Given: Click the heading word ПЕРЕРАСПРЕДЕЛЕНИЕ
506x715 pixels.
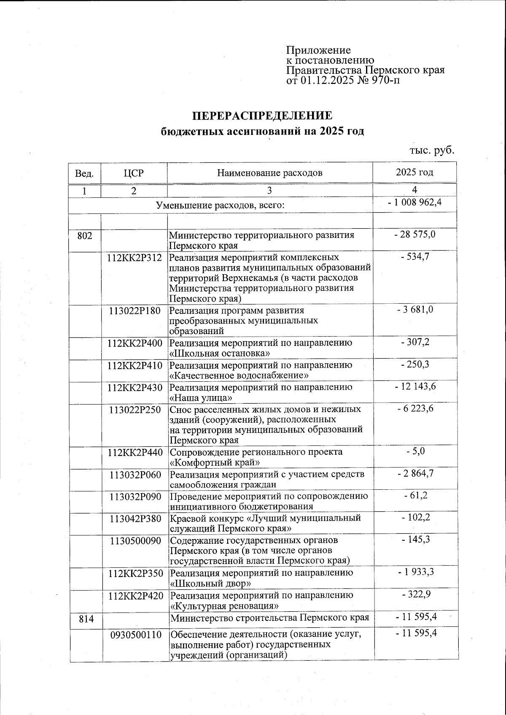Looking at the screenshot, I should (x=262, y=116).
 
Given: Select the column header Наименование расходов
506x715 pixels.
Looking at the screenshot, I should (x=270, y=173).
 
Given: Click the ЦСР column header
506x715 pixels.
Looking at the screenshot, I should (x=134, y=173).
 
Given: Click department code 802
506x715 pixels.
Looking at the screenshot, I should (x=85, y=235).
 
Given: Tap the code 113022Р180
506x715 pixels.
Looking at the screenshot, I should (x=135, y=311).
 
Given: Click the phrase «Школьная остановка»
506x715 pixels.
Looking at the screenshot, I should (x=220, y=353).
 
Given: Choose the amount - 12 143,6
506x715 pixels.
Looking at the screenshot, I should (x=414, y=387).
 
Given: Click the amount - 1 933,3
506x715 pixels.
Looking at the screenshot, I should (x=415, y=572).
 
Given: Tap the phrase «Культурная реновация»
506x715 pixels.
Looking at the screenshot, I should (x=224, y=606).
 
